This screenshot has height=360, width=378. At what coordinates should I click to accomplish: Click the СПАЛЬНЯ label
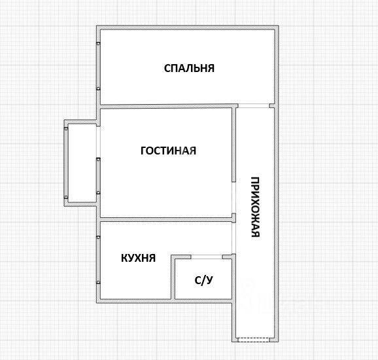(x=189, y=68)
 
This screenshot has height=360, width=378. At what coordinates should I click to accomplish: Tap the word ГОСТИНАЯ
(x=168, y=151)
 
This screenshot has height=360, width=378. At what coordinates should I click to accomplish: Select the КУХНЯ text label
(x=138, y=258)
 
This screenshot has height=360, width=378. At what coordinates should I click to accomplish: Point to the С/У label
(x=203, y=280)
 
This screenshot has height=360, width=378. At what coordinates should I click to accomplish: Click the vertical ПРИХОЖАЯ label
(x=255, y=207)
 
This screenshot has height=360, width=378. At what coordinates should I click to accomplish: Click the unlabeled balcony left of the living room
(x=82, y=163)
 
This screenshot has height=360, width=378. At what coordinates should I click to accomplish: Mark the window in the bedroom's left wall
(x=98, y=66)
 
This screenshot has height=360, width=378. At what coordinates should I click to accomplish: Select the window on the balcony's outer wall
(x=66, y=163)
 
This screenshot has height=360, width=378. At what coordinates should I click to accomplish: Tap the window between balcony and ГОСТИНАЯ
(x=98, y=176)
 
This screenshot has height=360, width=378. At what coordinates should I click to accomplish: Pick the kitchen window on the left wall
(x=98, y=260)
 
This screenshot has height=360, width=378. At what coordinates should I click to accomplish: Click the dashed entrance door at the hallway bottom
(x=254, y=340)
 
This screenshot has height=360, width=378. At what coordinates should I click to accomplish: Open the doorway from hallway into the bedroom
(x=254, y=105)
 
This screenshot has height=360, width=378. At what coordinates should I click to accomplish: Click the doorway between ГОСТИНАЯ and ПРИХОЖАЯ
(x=233, y=198)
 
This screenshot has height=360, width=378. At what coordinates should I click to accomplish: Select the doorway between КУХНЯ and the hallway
(x=233, y=238)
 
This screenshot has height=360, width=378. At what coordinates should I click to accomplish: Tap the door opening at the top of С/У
(x=207, y=257)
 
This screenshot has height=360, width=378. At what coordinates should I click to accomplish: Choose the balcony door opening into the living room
(x=98, y=142)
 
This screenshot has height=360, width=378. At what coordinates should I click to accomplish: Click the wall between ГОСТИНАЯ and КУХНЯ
(x=166, y=219)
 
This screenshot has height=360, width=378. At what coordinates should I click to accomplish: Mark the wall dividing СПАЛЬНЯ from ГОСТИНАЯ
(x=166, y=106)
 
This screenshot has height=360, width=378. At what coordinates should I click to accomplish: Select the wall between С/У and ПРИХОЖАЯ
(x=233, y=278)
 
